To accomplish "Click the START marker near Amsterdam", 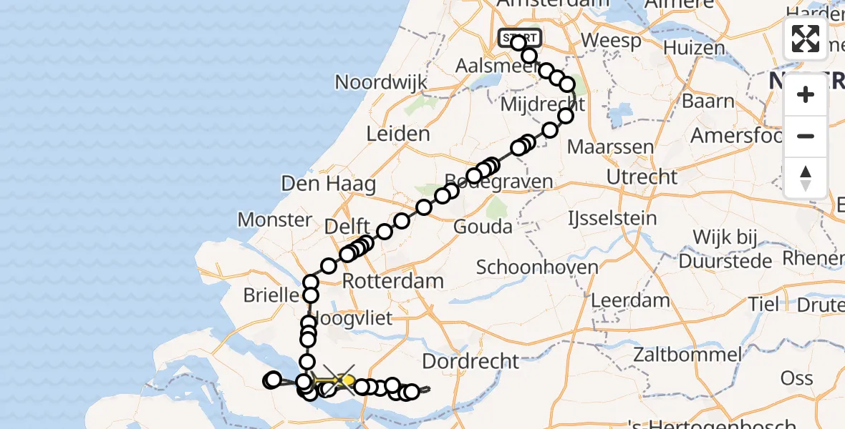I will pyautogui.click(x=520, y=37).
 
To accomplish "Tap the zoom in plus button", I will pyautogui.click(x=806, y=94).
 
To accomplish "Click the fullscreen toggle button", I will pyautogui.click(x=806, y=39).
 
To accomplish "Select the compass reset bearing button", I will pyautogui.click(x=806, y=177).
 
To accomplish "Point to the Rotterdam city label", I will pyautogui.click(x=393, y=281).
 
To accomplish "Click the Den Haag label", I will pyautogui.click(x=329, y=184).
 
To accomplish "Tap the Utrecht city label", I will pyautogui.click(x=641, y=177).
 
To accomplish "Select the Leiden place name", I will pyautogui.click(x=398, y=134).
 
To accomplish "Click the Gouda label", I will pyautogui.click(x=483, y=227).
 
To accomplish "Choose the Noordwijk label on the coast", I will pyautogui.click(x=381, y=82).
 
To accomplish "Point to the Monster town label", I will pyautogui.click(x=275, y=220).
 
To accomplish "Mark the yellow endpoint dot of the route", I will pyautogui.click(x=349, y=380).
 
